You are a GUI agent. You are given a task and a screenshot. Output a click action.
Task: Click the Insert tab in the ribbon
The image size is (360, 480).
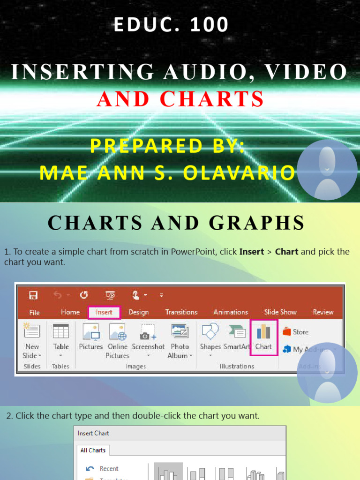click(104, 312)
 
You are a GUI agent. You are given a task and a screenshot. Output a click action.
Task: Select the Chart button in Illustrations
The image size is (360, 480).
click(263, 337)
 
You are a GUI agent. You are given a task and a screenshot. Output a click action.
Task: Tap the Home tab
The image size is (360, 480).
click(70, 312)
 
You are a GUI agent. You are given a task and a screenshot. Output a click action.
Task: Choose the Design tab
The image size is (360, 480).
click(139, 312)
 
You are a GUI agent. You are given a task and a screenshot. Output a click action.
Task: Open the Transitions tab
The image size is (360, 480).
click(181, 312)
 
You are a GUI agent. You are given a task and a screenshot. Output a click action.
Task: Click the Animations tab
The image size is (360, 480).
click(231, 312)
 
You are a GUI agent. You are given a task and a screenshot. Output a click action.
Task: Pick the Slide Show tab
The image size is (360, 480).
click(280, 312)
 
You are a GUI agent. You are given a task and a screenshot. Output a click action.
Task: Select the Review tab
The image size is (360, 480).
click(323, 312)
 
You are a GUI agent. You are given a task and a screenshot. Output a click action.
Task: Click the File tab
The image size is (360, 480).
click(34, 313)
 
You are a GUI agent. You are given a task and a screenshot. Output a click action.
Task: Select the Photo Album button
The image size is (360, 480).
click(180, 340)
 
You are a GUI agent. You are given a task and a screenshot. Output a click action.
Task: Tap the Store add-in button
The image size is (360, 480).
click(296, 332)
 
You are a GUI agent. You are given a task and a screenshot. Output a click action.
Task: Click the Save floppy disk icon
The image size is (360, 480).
click(33, 295)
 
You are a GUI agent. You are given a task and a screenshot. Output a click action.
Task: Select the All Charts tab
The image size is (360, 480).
click(93, 450)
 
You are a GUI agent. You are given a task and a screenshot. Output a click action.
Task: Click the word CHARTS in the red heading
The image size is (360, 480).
click(212, 99)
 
